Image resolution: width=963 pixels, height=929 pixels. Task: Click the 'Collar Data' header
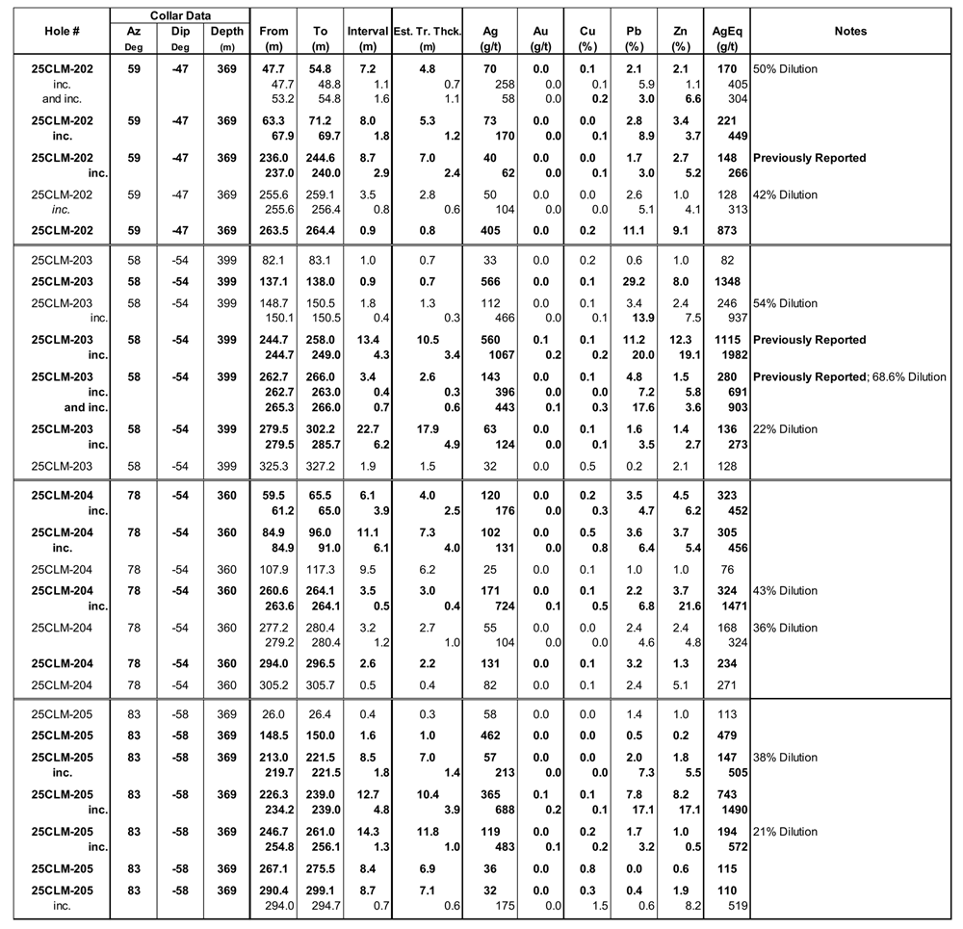pos(179,15)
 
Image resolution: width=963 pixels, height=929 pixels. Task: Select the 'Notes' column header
pos(850,31)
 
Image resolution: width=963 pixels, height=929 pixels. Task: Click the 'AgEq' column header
pos(726,38)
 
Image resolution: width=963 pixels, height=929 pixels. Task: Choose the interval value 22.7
pos(367,428)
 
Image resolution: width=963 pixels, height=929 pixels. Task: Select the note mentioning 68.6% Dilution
pos(849,376)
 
